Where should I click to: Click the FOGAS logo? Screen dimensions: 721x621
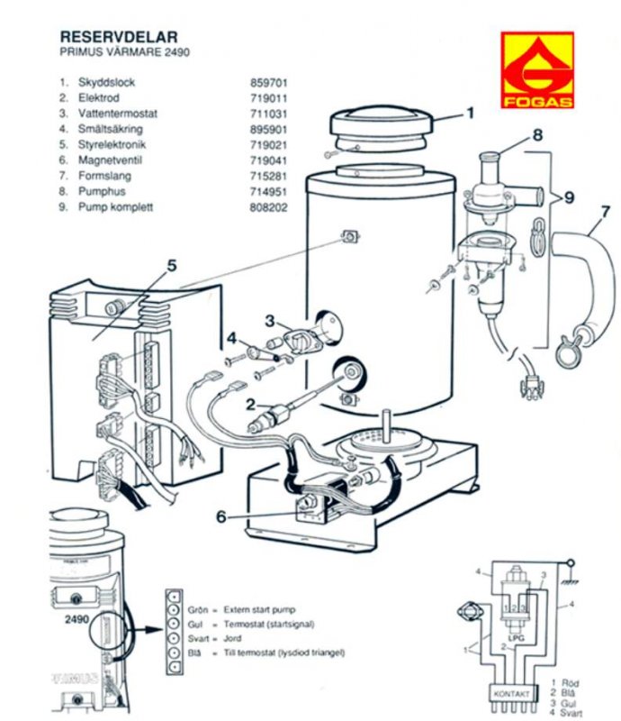click(538, 70)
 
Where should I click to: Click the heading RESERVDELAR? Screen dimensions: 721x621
click(118, 37)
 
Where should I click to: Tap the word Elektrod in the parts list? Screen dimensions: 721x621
click(98, 97)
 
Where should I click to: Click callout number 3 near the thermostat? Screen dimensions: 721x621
click(269, 320)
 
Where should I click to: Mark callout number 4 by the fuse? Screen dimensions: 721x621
click(231, 339)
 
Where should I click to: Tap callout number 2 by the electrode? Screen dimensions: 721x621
click(252, 405)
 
